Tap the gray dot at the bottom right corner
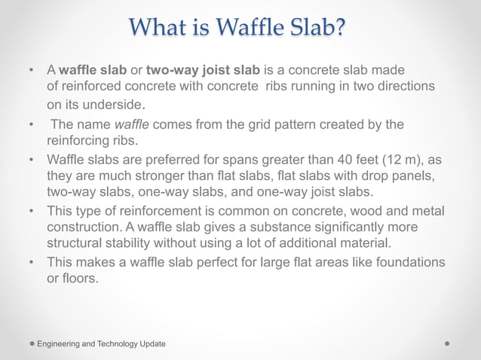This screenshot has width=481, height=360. point(448,343)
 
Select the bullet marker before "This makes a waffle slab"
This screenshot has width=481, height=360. point(31,262)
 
